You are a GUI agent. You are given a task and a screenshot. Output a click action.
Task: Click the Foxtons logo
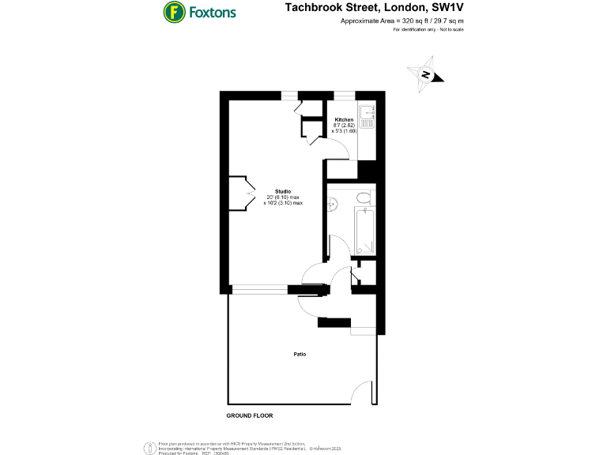point(199,12)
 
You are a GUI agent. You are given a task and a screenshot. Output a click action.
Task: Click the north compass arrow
point(425,74)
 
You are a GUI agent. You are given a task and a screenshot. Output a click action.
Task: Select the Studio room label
point(283,192)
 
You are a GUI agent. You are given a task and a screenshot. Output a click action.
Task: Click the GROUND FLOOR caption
point(249,415)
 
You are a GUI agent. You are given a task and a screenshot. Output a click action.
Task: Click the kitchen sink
point(368,118)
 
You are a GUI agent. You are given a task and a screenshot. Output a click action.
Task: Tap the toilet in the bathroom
point(363,197)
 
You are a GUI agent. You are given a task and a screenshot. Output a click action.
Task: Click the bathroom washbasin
point(334,205)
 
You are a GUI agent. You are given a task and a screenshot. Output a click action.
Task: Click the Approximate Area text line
point(402,21)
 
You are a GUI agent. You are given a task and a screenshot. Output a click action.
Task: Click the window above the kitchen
point(345,95)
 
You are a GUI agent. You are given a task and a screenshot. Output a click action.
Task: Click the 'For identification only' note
point(428,29)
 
